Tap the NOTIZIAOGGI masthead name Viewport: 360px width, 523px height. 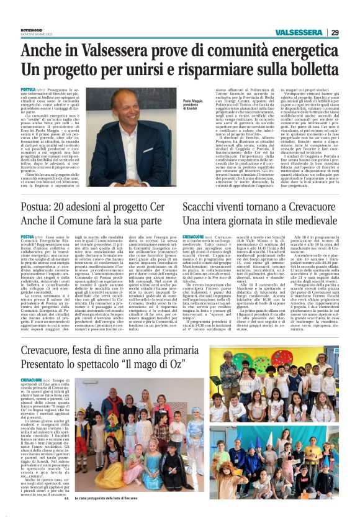click(x=32, y=30)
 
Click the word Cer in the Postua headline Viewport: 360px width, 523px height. click(x=160, y=205)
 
